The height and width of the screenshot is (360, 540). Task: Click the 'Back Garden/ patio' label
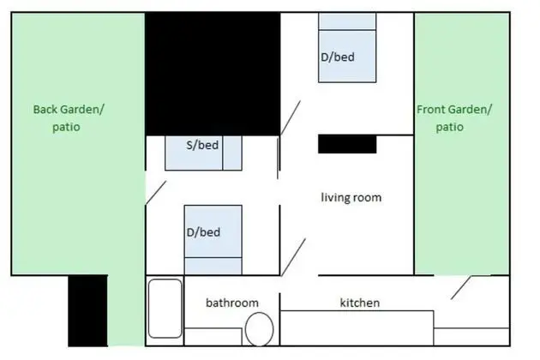pyautogui.click(x=69, y=118)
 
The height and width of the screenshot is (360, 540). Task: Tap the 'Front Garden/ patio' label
pyautogui.click(x=454, y=118)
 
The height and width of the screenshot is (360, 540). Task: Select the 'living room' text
pyautogui.click(x=351, y=197)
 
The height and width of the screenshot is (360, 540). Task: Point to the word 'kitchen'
pyautogui.click(x=360, y=303)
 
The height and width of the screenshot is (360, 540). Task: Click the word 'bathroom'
pyautogui.click(x=232, y=303)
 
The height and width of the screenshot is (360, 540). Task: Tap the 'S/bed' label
pyautogui.click(x=202, y=145)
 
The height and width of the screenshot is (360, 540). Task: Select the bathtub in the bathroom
pyautogui.click(x=165, y=309)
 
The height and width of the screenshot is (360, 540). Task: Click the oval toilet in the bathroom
pyautogui.click(x=260, y=329)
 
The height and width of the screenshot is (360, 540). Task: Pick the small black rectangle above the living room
pyautogui.click(x=347, y=144)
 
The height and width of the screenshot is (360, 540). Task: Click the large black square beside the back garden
pyautogui.click(x=213, y=74)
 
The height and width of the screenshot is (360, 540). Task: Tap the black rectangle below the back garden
pyautogui.click(x=87, y=310)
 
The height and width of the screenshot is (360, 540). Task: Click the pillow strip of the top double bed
pyautogui.click(x=347, y=21)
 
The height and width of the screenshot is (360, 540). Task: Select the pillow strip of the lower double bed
pyautogui.click(x=213, y=266)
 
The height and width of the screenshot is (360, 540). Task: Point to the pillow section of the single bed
pyautogui.click(x=232, y=153)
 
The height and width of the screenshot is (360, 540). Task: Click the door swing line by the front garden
pyautogui.click(x=461, y=287)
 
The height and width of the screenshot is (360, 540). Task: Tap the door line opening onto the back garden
pyautogui.click(x=156, y=193)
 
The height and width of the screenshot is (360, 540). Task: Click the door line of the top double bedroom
pyautogui.click(x=291, y=117)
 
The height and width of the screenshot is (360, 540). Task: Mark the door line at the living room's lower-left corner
pyautogui.click(x=293, y=257)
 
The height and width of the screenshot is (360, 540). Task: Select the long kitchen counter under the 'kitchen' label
pyautogui.click(x=357, y=328)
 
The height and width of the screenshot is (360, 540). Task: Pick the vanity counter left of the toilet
pyautogui.click(x=213, y=337)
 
